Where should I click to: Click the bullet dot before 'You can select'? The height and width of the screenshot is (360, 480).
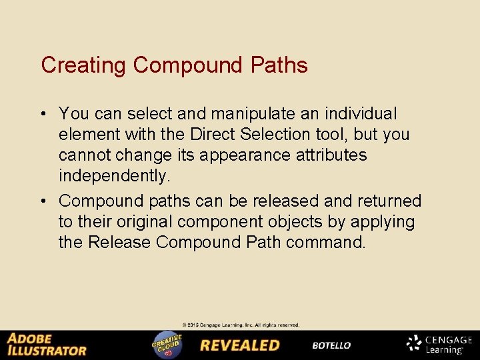click(44, 114)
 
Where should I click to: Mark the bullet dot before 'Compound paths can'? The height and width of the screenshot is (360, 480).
click(44, 201)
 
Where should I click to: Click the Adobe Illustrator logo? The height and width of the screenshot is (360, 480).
click(47, 344)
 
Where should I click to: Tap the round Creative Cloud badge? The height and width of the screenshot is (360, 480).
click(167, 345)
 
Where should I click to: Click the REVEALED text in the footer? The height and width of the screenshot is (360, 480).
click(240, 345)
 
